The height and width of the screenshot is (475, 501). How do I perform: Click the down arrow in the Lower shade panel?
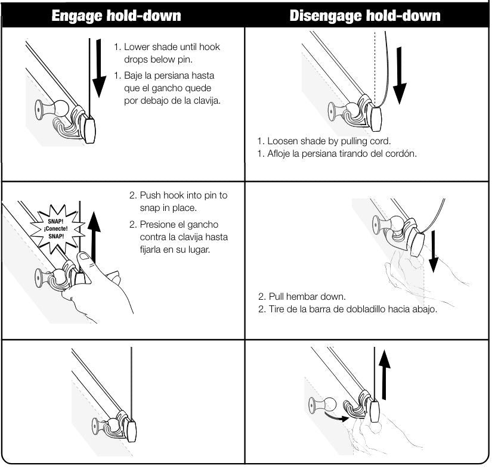tap(94, 69)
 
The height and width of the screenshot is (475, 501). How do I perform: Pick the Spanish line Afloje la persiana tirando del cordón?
tap(337, 153)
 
